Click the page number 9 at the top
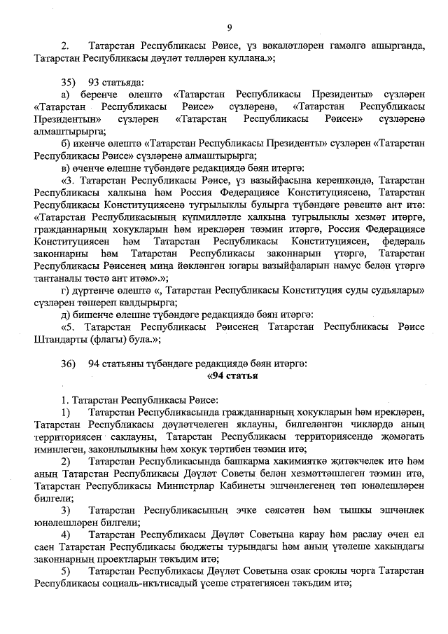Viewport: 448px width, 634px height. coord(229,27)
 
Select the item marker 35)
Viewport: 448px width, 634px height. coord(68,81)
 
